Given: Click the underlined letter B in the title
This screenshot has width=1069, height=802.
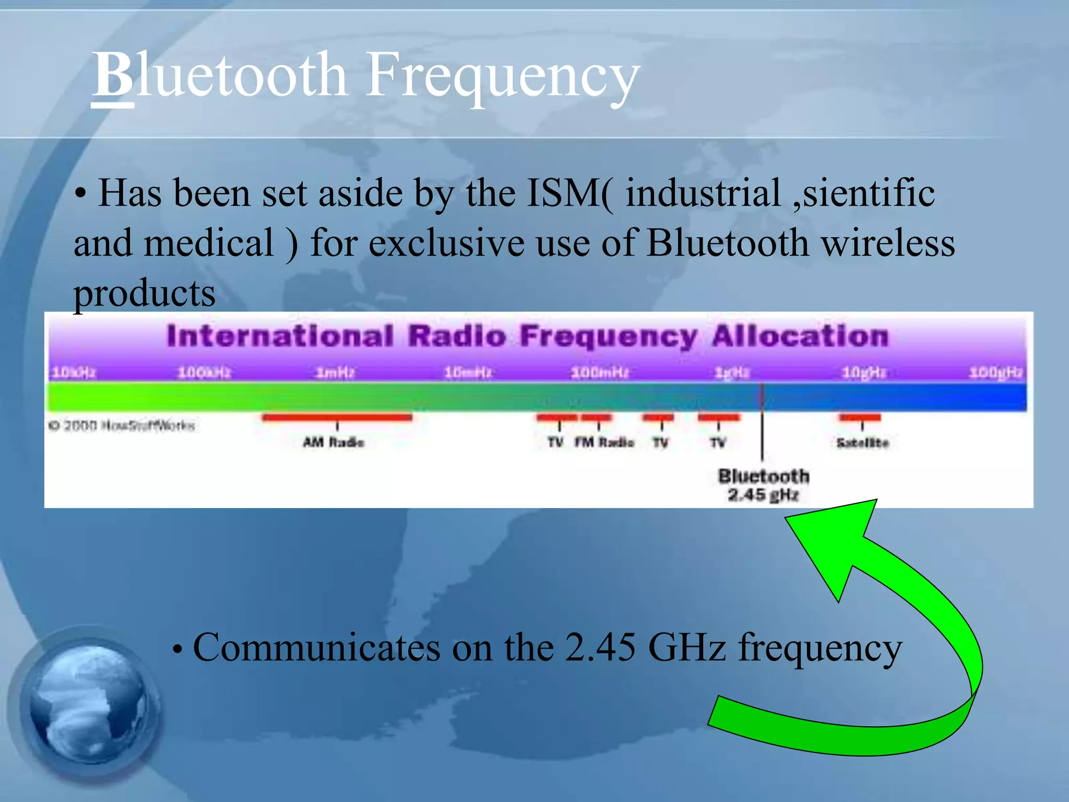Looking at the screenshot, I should pyautogui.click(x=113, y=76).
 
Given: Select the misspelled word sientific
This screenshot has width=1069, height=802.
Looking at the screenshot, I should pyautogui.click(x=869, y=193).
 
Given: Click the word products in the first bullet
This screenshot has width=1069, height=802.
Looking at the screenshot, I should pyautogui.click(x=144, y=293).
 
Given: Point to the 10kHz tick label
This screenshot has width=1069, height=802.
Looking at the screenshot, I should pyautogui.click(x=74, y=373).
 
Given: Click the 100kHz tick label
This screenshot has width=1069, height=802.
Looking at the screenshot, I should pyautogui.click(x=204, y=373).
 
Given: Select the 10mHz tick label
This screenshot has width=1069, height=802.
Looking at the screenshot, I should pyautogui.click(x=468, y=373).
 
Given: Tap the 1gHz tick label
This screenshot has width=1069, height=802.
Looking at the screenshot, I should pyautogui.click(x=732, y=373).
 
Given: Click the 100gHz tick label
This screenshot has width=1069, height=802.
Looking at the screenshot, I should pyautogui.click(x=996, y=373).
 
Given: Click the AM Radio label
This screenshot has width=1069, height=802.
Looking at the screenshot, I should pyautogui.click(x=334, y=442).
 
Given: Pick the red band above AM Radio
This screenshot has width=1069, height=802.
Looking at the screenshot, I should pyautogui.click(x=337, y=417).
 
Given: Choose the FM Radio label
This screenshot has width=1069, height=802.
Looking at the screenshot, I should pyautogui.click(x=604, y=442).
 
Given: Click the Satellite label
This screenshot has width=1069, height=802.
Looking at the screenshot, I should pyautogui.click(x=862, y=443).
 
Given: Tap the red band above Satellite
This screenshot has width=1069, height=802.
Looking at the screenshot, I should pyautogui.click(x=860, y=417).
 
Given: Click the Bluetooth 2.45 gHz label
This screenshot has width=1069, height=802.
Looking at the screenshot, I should pyautogui.click(x=763, y=485).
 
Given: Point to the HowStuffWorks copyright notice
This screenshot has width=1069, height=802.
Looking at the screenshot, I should pyautogui.click(x=121, y=426).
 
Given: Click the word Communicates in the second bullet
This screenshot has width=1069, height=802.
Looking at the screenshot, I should pyautogui.click(x=316, y=648).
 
